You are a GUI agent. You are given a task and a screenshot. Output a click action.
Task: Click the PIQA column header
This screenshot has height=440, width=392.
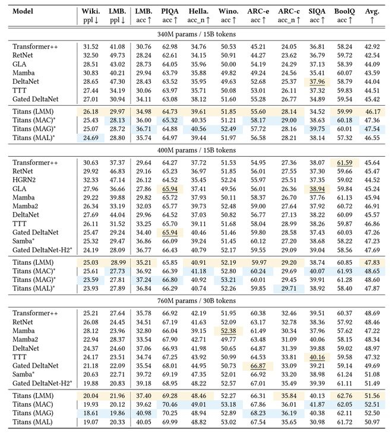(170, 11)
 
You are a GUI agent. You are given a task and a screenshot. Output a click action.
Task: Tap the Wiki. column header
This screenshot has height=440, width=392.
(91, 11)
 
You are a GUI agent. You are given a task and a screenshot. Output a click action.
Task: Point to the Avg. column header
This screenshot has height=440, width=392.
(373, 11)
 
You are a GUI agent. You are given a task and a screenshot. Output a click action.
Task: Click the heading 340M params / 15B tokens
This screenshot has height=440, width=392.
(197, 33)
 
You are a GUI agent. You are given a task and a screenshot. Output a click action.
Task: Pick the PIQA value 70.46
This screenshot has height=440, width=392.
(170, 401)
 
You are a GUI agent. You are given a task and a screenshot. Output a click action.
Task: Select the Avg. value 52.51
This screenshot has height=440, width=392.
(372, 401)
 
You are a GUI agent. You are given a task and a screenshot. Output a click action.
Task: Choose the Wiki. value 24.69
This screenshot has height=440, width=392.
(91, 138)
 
